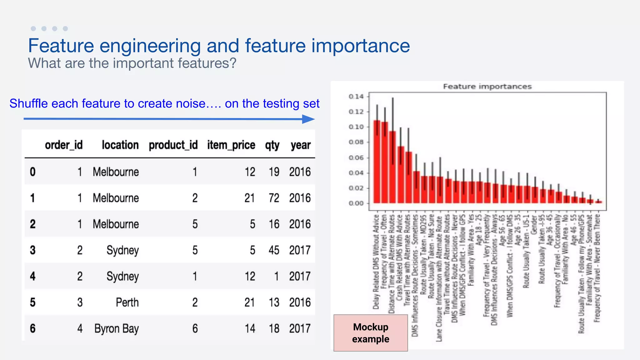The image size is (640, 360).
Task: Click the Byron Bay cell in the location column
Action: pos(116,328)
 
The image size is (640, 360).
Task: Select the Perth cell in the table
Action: pos(127,302)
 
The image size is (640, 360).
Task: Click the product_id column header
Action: pos(173,145)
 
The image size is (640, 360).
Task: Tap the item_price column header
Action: pos(231,145)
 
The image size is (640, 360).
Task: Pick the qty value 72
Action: pos(274,198)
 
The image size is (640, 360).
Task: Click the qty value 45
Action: pos(274,250)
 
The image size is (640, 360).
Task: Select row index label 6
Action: pos(32,328)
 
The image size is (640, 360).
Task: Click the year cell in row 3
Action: pos(300,250)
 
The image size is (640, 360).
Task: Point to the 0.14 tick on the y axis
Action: pos(356,96)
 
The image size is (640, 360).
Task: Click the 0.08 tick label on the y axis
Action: pos(356,142)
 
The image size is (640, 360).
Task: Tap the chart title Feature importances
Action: pos(487,87)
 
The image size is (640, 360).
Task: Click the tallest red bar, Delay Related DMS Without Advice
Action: pos(377,162)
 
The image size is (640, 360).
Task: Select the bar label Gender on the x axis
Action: pos(534,224)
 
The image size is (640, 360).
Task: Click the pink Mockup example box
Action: pos(371,333)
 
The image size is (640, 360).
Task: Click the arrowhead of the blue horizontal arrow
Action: pos(309,119)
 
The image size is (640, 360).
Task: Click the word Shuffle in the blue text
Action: pos(29,103)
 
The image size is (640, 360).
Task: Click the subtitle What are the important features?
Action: pos(132,63)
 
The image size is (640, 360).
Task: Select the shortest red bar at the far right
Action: pos(598,202)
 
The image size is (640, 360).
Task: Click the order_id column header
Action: pos(64,145)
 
